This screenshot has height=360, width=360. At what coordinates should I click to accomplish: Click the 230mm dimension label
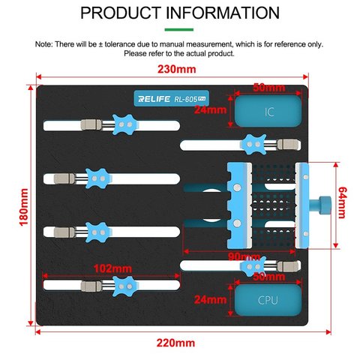176,69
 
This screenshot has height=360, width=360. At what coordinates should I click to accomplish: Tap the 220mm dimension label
175,343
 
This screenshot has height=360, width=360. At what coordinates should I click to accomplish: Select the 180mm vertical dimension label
24,207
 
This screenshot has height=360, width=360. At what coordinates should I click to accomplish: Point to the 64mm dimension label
342,202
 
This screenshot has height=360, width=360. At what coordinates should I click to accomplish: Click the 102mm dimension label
112,268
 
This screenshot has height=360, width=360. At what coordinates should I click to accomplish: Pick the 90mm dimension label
244,256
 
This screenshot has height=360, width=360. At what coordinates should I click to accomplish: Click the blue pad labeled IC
268,111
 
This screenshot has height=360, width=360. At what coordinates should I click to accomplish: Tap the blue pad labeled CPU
268,300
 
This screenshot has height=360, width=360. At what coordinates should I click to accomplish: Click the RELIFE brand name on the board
154,99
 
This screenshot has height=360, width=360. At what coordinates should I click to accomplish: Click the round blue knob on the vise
325,205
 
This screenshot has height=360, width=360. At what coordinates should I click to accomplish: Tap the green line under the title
179,29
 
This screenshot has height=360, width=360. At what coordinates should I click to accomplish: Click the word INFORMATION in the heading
223,13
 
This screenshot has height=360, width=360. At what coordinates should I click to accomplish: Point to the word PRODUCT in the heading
121,13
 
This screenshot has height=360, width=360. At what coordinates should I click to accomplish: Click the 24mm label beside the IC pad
210,109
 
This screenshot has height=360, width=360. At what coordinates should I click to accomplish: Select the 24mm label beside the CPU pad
210,299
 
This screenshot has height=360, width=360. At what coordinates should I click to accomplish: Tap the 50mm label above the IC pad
268,88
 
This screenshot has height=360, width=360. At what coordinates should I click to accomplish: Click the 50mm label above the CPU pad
268,277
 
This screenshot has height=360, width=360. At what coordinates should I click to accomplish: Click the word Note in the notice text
43,44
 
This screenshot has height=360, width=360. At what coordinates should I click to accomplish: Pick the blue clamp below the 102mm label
124,286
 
